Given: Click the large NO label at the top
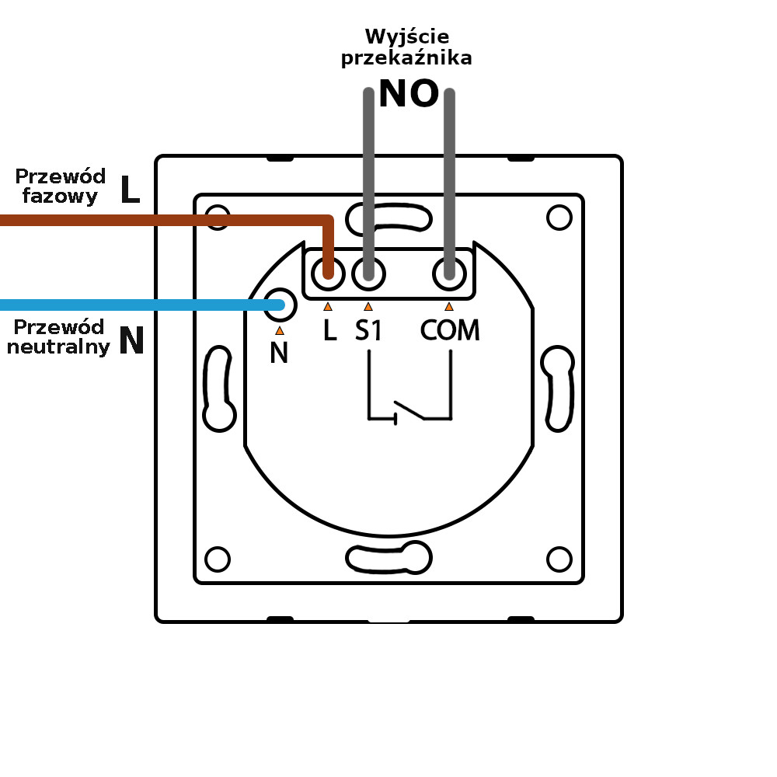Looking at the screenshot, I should coord(408,95).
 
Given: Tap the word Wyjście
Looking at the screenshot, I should coord(407,37).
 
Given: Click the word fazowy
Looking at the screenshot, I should coord(61,196).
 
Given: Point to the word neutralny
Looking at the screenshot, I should coord(58,347).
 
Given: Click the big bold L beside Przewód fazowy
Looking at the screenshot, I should coord(130,190).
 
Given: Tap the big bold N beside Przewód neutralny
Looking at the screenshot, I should coord(131,341).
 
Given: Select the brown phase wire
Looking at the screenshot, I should coord(155,221).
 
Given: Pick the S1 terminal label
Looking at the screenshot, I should coord(369,331).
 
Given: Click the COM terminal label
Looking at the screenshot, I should coord(450,331).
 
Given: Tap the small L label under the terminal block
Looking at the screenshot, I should coord(329,332).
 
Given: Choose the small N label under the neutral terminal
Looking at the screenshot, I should coord(279,354).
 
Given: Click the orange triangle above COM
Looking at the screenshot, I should coord(449,307).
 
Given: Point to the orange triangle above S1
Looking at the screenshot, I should coord(368,307).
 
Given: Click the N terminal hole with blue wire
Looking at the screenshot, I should coord(280,305).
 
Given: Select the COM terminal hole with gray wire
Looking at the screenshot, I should coord(449,272).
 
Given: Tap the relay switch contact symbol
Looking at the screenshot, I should coord(409,409).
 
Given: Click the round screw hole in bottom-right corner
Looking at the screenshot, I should coord(559,559).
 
